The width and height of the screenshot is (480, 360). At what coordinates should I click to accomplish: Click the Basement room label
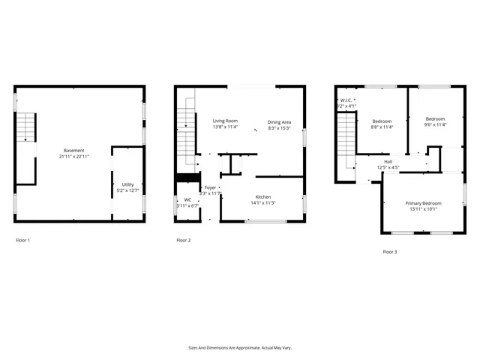point(73,153)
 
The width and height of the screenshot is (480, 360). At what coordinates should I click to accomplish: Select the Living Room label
point(225,124)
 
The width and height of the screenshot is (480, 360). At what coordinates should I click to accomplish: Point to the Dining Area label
point(279,124)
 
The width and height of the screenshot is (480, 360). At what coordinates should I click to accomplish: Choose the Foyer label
point(210,190)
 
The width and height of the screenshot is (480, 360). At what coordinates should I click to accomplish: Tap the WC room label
point(187,202)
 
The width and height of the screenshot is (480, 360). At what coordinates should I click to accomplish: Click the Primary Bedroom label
point(423,206)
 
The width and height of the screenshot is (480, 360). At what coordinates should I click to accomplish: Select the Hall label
point(388,164)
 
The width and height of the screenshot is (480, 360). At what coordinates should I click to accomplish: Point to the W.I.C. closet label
point(346,103)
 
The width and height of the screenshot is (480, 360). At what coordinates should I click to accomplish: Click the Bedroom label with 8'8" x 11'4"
point(382,124)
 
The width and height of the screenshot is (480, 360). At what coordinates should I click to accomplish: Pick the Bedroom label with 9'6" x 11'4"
point(435,121)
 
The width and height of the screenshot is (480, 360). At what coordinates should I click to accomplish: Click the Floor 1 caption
point(23,240)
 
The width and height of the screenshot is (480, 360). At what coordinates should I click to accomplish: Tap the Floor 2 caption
point(183,240)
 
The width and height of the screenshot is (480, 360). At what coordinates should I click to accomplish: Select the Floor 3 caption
point(389,251)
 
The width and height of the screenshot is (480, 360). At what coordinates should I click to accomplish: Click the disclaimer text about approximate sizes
point(239,347)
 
